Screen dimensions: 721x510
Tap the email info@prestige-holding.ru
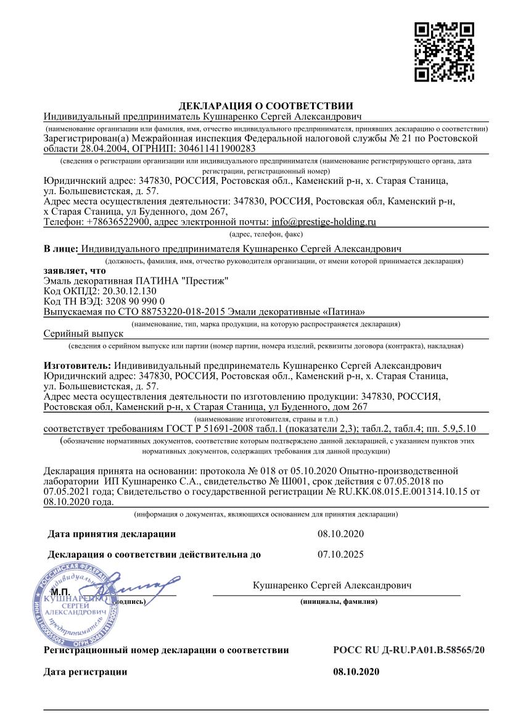pyautogui.click(x=324, y=222)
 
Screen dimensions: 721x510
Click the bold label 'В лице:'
pyautogui.click(x=60, y=249)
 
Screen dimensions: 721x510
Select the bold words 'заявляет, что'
pyautogui.click(x=75, y=271)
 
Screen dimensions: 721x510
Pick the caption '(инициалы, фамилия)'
pyautogui.click(x=339, y=601)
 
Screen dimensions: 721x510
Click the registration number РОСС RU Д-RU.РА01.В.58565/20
pyautogui.click(x=408, y=650)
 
